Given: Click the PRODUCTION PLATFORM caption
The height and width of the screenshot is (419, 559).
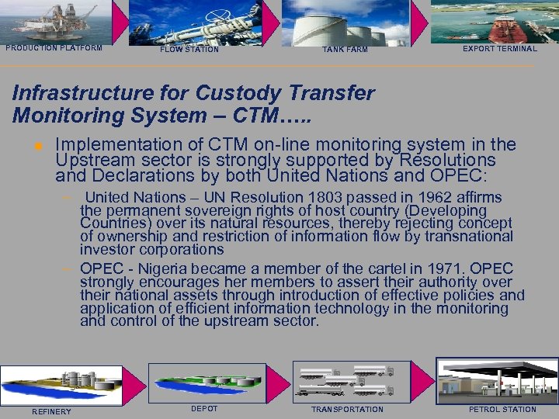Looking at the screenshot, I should [54, 48].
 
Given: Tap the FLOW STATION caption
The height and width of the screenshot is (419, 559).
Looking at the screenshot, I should [189, 50].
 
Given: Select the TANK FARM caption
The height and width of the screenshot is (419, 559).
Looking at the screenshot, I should [345, 50].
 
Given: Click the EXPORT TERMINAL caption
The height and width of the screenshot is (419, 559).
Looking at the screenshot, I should [499, 49].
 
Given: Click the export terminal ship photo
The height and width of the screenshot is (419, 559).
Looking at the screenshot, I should [495, 21].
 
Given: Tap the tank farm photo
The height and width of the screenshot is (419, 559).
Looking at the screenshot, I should [345, 23].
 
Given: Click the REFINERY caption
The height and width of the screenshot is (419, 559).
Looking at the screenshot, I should [51, 411].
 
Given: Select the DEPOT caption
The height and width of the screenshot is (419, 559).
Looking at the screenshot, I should [204, 409].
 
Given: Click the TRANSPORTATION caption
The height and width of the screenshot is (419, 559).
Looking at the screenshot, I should [347, 410].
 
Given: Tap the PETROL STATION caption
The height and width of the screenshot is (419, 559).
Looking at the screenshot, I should [502, 410].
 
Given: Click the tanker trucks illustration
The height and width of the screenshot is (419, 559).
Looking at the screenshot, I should [347, 380].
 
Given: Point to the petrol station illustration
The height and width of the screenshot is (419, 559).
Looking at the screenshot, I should [497, 380].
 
